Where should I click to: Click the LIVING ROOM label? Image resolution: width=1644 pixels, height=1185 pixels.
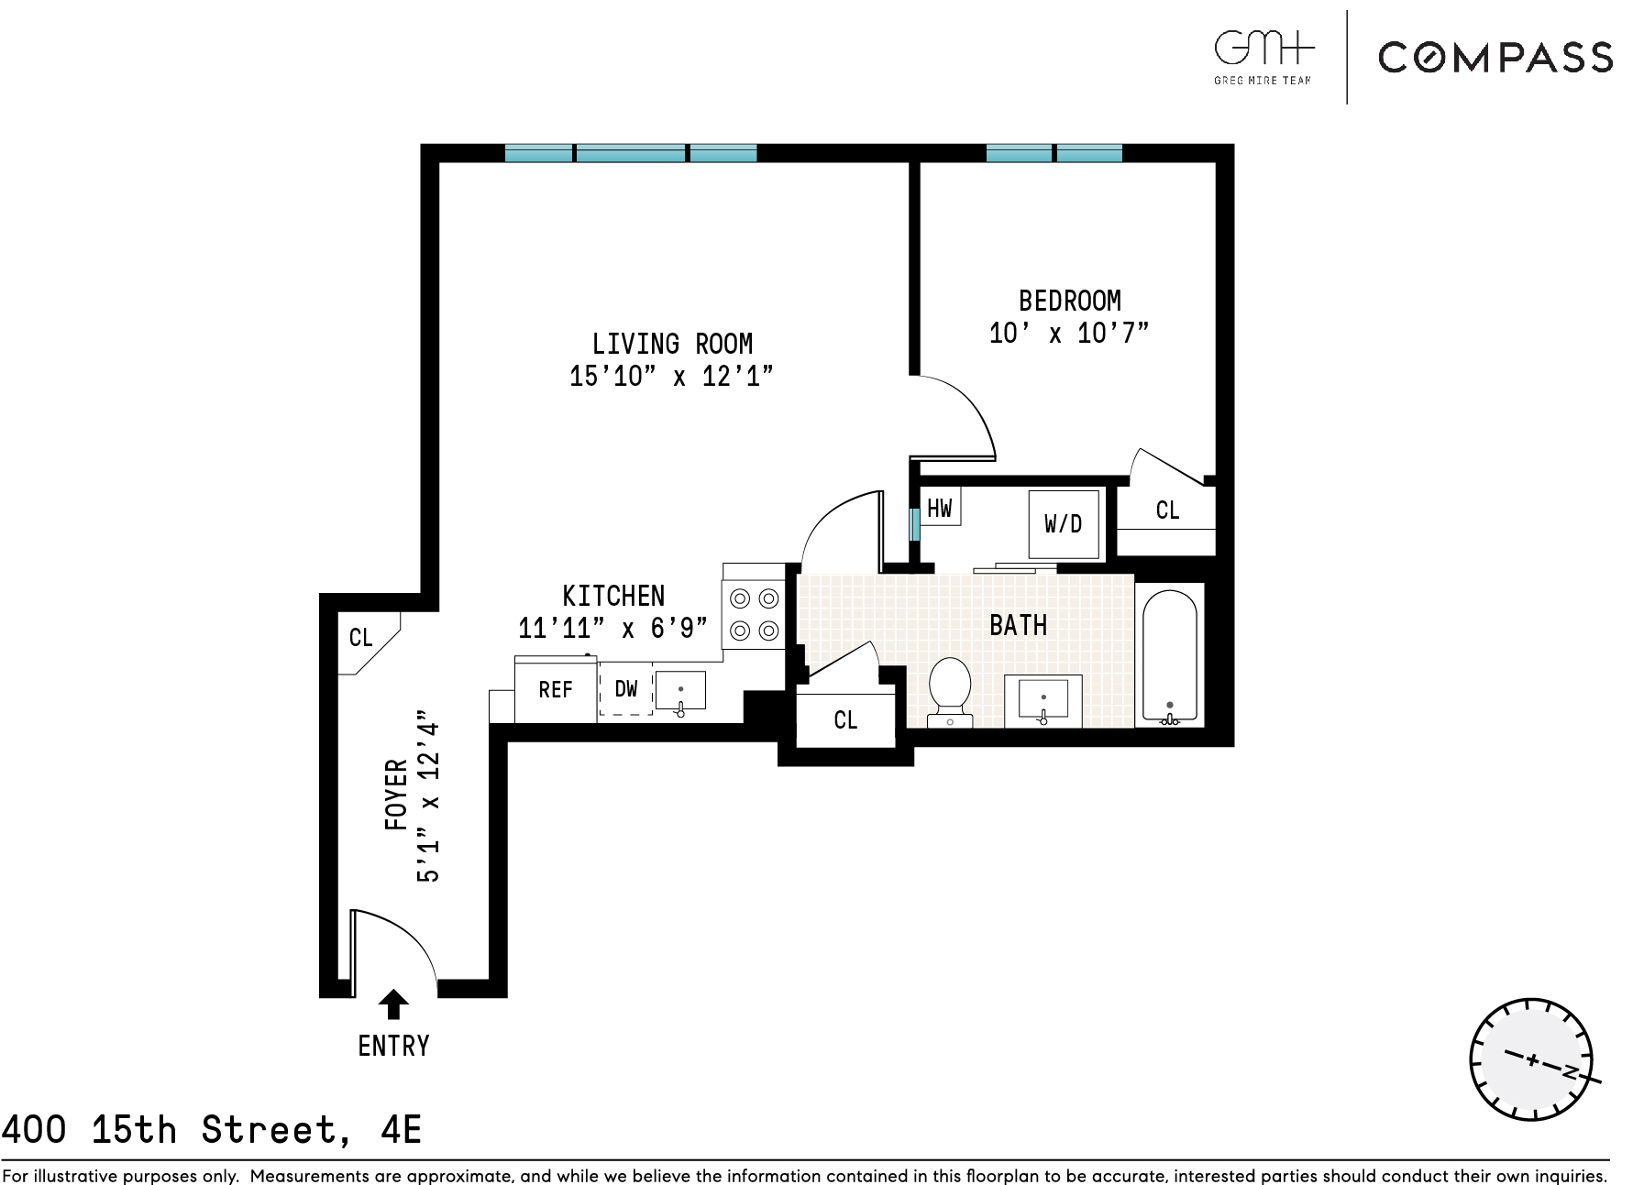[672, 345]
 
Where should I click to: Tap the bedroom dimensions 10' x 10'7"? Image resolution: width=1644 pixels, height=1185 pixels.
[1069, 333]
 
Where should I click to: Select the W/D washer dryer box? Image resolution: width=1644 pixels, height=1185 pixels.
[1064, 524]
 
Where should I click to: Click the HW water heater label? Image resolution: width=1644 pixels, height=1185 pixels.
[940, 508]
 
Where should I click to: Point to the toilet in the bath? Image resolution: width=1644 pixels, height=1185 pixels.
[950, 689]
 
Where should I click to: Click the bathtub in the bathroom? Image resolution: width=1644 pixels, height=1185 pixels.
[1169, 655]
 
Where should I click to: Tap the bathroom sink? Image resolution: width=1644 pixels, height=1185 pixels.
[1043, 701]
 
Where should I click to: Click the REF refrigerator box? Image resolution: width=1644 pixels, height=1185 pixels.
[556, 690]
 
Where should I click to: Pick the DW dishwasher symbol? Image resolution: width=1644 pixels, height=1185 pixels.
[626, 689]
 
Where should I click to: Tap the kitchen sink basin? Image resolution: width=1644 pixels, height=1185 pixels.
[680, 691]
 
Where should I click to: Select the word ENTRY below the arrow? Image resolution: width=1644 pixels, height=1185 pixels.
[393, 1046]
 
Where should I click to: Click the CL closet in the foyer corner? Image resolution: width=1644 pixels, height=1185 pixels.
[362, 638]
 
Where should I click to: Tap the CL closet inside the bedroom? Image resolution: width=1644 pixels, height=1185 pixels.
[1167, 510]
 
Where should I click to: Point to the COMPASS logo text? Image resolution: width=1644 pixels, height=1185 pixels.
[1495, 58]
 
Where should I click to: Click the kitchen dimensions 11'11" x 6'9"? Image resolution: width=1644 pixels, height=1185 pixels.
[612, 629]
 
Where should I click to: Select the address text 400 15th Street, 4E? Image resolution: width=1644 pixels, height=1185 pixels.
[212, 1130]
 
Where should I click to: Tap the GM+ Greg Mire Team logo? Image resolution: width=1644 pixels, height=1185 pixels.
[1263, 57]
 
